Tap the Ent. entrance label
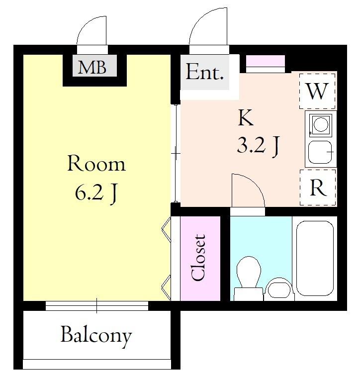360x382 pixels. point(204,72)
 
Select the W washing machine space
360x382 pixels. point(317,91)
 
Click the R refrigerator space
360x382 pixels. point(318,188)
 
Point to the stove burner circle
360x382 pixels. point(321,124)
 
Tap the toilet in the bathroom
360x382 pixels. point(249,278)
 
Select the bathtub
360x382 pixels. point(315,258)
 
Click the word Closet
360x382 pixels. point(198,258)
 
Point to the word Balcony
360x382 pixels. point(96,336)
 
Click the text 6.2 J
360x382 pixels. point(96,192)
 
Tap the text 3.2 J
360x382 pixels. point(258,146)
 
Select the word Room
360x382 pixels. point(96,163)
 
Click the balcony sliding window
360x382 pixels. point(96,306)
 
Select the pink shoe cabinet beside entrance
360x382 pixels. point(265,61)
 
